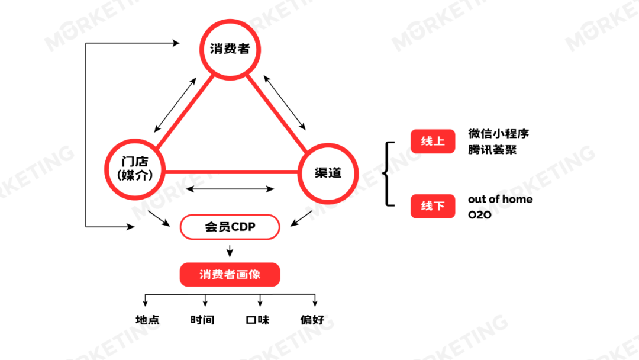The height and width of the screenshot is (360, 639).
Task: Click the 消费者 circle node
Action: pos(230,49)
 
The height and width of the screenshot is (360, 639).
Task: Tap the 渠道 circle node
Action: pos(328,172)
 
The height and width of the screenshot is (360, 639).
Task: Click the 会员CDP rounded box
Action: pos(230,227)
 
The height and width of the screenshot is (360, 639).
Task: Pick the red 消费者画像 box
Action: pos(230,275)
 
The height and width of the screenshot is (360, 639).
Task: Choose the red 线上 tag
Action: pos(433,142)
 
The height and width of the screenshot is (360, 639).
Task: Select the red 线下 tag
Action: pos(433,206)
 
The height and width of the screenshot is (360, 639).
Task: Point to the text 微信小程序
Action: pos(498,134)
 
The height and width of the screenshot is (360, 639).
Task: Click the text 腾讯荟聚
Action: pos(492,149)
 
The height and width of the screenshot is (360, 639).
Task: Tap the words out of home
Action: pos(500,199)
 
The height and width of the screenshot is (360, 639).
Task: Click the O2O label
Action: pos(479,215)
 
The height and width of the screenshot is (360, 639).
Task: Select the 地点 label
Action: pos(147,320)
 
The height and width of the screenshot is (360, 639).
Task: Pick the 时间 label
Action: pos(202,320)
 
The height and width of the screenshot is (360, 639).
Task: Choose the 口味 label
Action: pos(258,320)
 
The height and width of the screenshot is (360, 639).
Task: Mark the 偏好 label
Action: pos(312,320)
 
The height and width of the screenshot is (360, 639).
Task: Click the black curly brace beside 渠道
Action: pos(388,173)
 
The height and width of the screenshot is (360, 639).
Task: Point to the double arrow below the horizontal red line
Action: pos(230,189)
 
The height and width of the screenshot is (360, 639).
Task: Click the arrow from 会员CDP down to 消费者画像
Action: pos(230,250)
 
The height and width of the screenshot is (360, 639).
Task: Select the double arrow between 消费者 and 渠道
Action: pos(285,102)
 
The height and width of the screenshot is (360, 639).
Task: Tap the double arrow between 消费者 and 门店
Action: pos(175,104)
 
